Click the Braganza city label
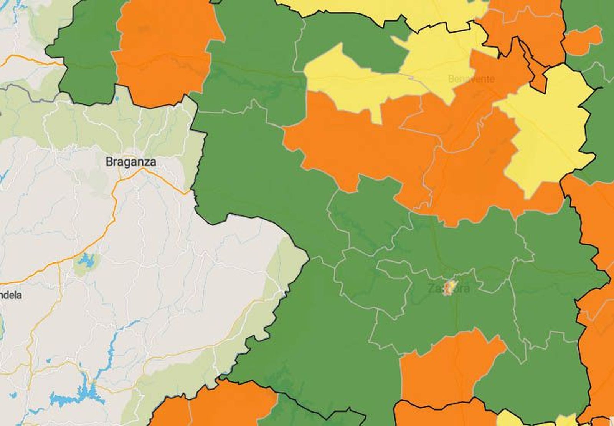coord(130,162)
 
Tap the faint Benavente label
coord(471,79)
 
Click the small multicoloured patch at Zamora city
coord(449,287)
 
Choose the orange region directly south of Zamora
coord(441,369)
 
